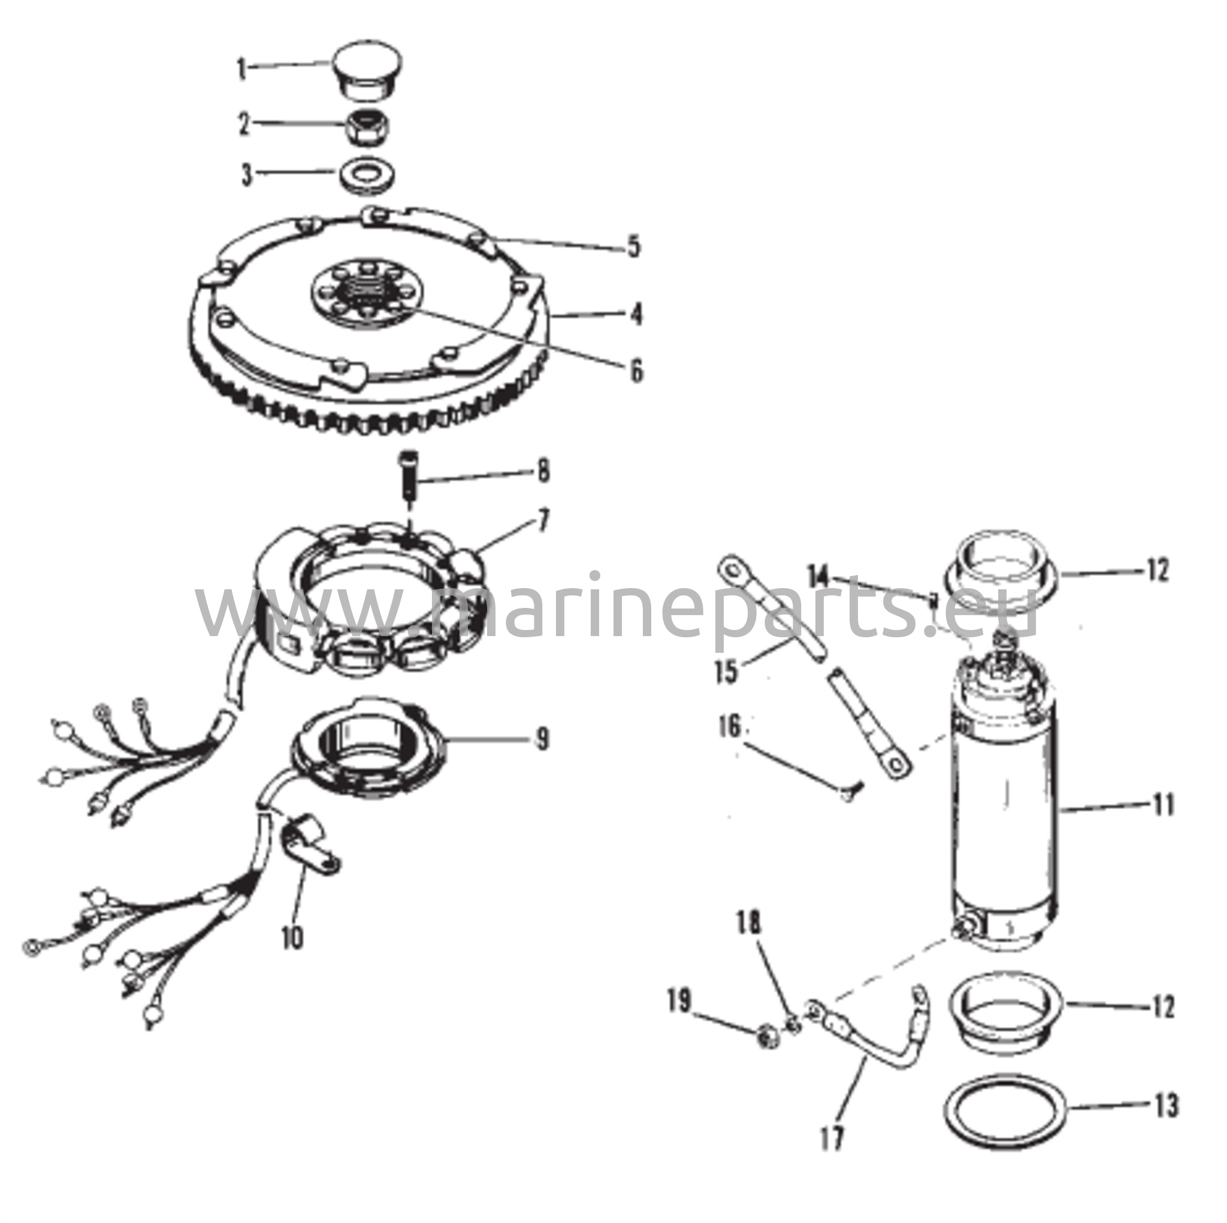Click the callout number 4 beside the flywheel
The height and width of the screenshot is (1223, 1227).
[x=636, y=314]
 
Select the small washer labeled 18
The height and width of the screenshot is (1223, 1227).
[x=792, y=1022]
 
